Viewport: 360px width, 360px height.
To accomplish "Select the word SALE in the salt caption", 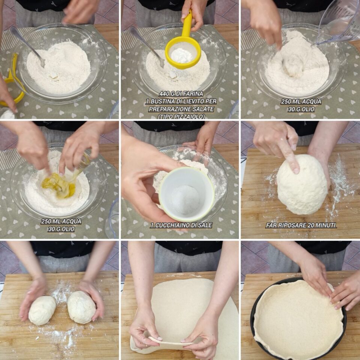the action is pos(205,225).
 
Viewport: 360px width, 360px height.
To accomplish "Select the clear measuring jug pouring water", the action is pos(339,22).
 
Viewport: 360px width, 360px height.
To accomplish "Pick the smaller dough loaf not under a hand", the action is pos(42,310).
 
